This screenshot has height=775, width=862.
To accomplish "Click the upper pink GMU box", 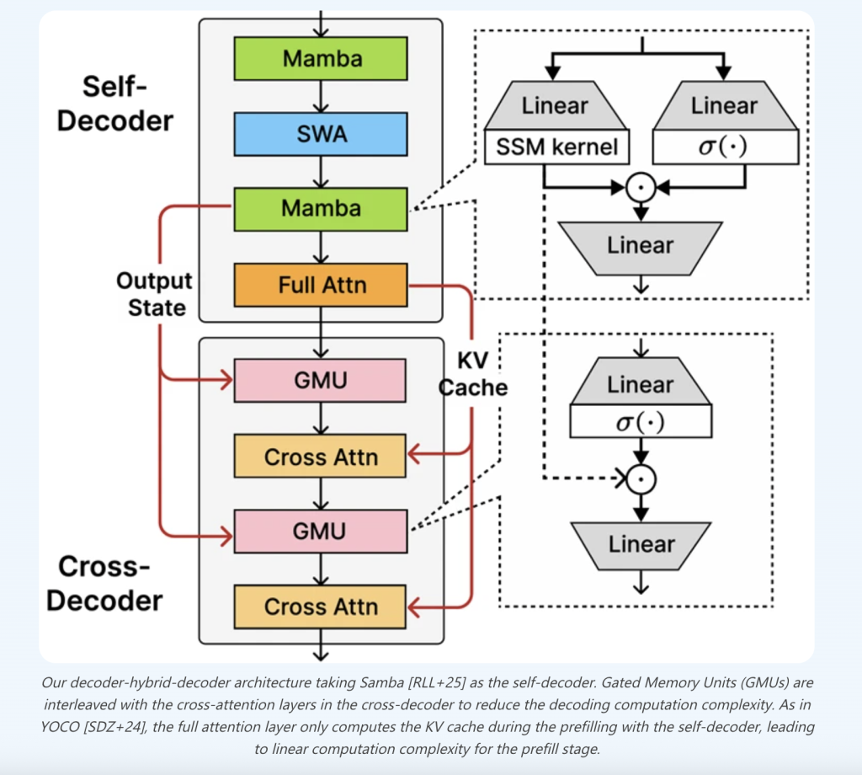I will (x=321, y=381).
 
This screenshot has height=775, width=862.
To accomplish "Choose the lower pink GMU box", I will (x=321, y=532).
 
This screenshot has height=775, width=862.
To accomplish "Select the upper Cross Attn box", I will (x=321, y=457).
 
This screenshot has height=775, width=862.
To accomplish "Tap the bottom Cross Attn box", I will (x=321, y=607).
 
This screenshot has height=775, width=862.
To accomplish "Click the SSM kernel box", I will (x=556, y=148).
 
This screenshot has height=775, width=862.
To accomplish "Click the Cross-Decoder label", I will (x=104, y=584).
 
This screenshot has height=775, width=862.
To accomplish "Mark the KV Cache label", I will (x=472, y=373).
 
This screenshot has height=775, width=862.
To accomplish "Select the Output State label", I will (x=154, y=294).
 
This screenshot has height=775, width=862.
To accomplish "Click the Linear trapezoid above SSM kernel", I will (x=556, y=106).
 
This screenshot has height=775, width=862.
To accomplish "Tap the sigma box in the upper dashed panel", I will (x=725, y=148).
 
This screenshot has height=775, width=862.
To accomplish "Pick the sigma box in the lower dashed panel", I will (x=641, y=421).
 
